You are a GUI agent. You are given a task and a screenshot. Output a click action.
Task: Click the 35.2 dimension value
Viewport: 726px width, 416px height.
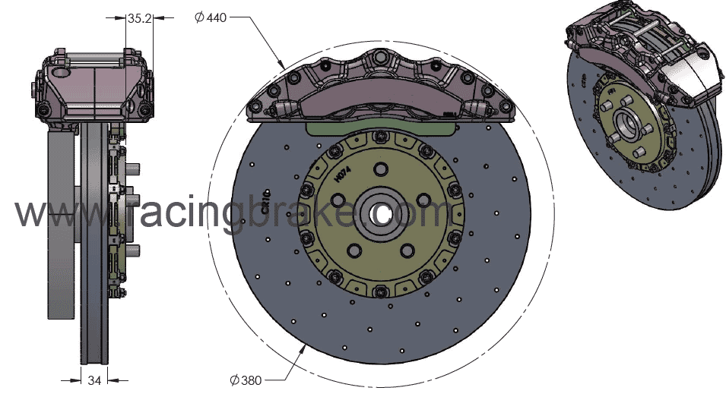[x=139, y=20]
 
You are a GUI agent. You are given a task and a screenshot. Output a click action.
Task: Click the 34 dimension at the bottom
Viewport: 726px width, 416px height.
[x=94, y=380]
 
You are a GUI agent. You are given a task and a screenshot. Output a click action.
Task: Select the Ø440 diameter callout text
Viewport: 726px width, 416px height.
[x=211, y=17]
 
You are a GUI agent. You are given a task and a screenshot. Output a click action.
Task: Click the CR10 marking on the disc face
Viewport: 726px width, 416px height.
[x=267, y=202]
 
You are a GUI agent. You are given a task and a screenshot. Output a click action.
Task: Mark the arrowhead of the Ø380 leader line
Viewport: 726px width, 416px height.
[x=306, y=347]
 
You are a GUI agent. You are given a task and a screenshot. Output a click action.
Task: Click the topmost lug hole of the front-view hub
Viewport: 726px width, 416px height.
[x=379, y=169]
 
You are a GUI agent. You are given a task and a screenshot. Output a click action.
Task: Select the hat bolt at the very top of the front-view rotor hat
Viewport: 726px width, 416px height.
[x=379, y=137]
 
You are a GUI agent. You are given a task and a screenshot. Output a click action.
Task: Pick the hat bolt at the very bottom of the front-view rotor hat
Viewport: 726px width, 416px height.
[x=379, y=289]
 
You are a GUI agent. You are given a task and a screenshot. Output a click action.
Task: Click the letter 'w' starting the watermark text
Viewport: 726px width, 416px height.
[x=30, y=214]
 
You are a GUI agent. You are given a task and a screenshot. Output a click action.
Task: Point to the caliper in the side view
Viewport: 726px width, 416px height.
[x=91, y=87]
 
